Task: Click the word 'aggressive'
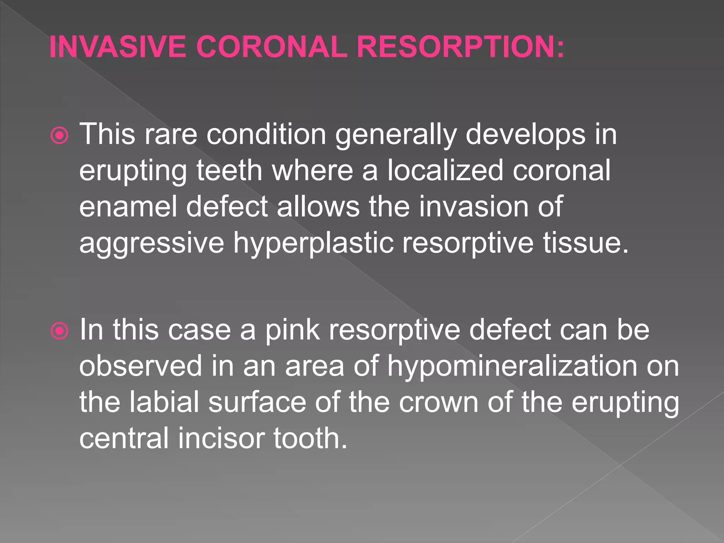click(x=152, y=244)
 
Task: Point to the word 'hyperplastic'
click(x=313, y=244)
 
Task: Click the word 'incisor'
click(x=221, y=438)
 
